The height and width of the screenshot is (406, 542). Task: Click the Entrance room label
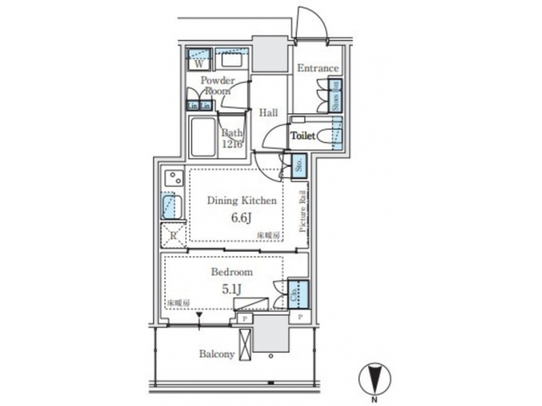[x=317, y=68]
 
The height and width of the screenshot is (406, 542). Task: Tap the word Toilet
[x=303, y=136]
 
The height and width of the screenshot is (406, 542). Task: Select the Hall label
[x=268, y=113]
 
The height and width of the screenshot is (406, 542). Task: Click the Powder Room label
[x=217, y=85]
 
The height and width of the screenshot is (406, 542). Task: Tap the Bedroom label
[x=232, y=272]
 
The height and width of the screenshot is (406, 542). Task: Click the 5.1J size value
[x=232, y=288]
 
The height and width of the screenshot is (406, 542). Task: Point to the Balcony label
[x=217, y=354]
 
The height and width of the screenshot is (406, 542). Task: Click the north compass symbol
[x=373, y=376]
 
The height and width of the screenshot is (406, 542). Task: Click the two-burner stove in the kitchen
[x=173, y=179]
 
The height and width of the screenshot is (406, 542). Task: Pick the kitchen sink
[x=170, y=205]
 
